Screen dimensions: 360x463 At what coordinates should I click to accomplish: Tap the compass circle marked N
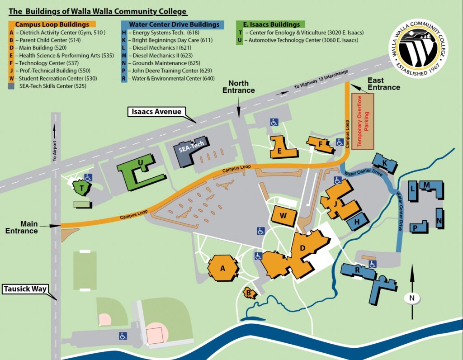[x=412, y=298]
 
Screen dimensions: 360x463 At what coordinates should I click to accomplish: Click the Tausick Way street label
[x=25, y=289]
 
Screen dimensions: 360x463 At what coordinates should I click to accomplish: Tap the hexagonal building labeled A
[x=222, y=268]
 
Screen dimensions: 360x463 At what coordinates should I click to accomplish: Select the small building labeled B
[x=249, y=293]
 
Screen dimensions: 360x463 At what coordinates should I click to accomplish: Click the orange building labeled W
[x=283, y=215]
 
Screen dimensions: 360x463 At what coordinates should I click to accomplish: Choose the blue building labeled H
[x=357, y=222]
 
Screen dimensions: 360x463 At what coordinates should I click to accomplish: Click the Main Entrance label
[x=22, y=227]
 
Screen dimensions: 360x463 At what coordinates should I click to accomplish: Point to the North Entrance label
[x=239, y=87]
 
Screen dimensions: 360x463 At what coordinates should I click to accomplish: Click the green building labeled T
[x=82, y=188]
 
